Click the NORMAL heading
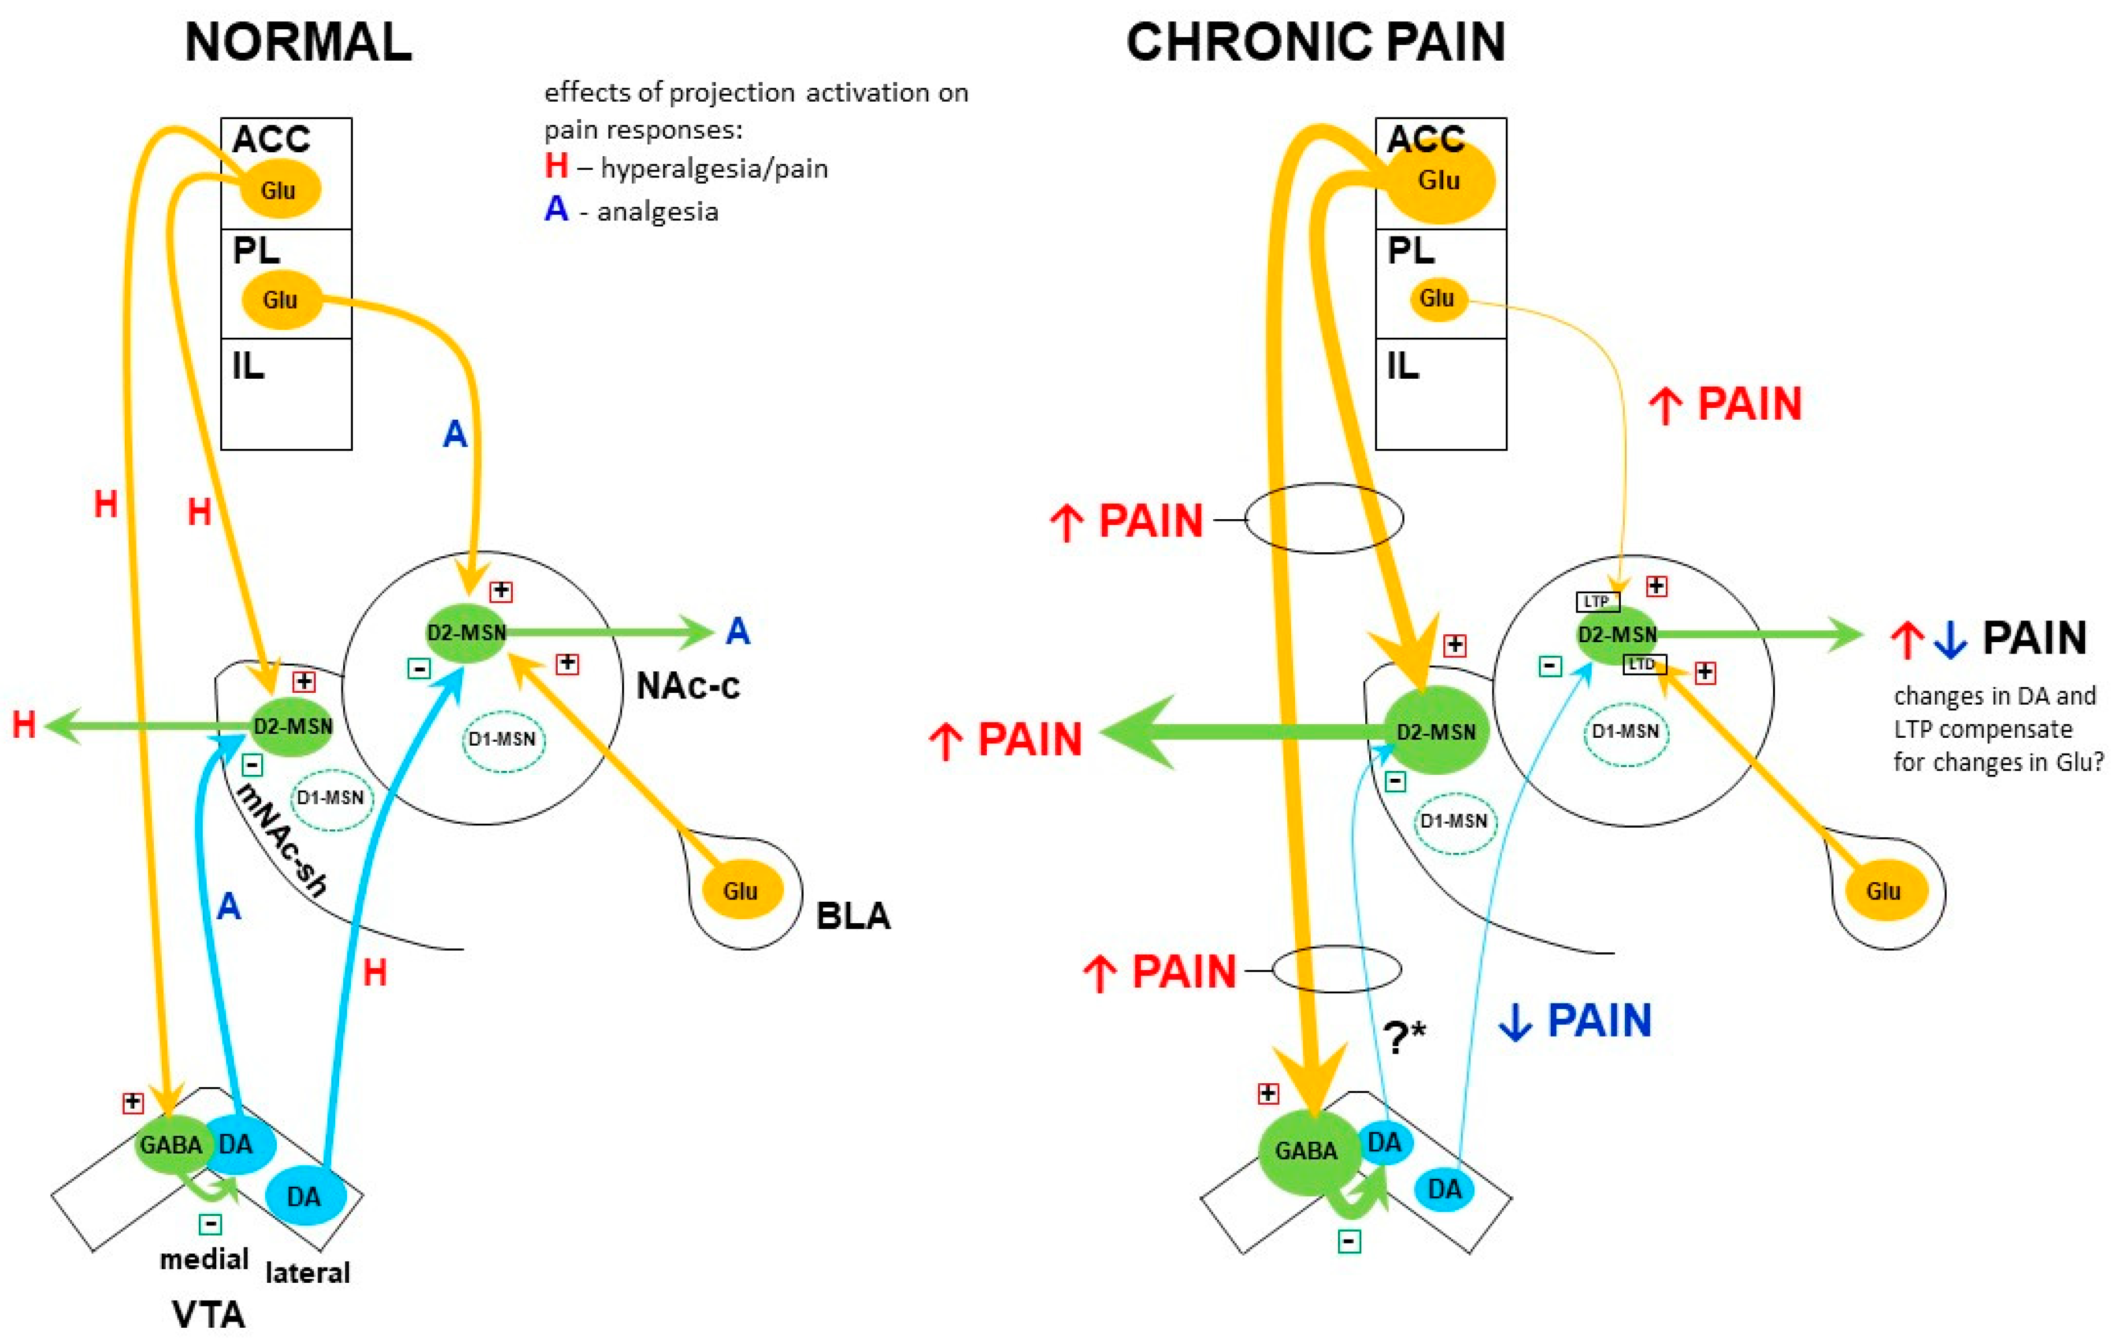[298, 42]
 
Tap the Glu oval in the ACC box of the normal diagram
[277, 189]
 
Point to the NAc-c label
[687, 685]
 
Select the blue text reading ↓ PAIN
[1575, 1021]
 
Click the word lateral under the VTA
[307, 1273]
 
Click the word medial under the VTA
[204, 1259]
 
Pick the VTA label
[208, 1315]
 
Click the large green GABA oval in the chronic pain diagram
[1307, 1151]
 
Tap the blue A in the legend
[555, 210]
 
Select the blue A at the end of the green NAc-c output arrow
[737, 631]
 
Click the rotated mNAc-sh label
[280, 839]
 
